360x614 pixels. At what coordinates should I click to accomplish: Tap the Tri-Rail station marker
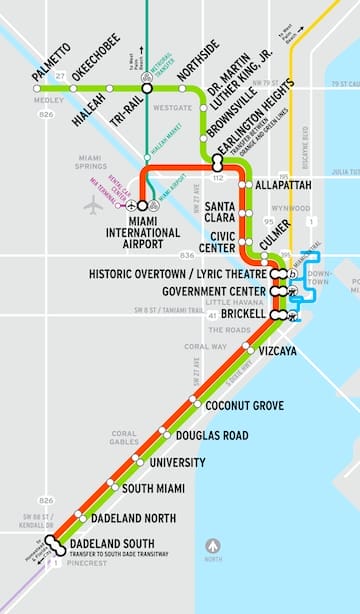tap(147, 88)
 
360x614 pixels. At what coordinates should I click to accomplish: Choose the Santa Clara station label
tap(219, 213)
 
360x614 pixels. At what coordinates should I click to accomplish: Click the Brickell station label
tap(243, 314)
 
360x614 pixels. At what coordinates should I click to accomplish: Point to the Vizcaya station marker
tap(248, 349)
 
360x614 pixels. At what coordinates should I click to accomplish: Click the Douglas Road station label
tap(211, 436)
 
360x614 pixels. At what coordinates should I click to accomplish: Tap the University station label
tap(177, 463)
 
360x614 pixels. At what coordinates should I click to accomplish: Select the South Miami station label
tap(152, 488)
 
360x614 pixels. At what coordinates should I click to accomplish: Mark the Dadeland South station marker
tap(56, 547)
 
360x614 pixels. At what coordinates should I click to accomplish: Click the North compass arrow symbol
tap(212, 546)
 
